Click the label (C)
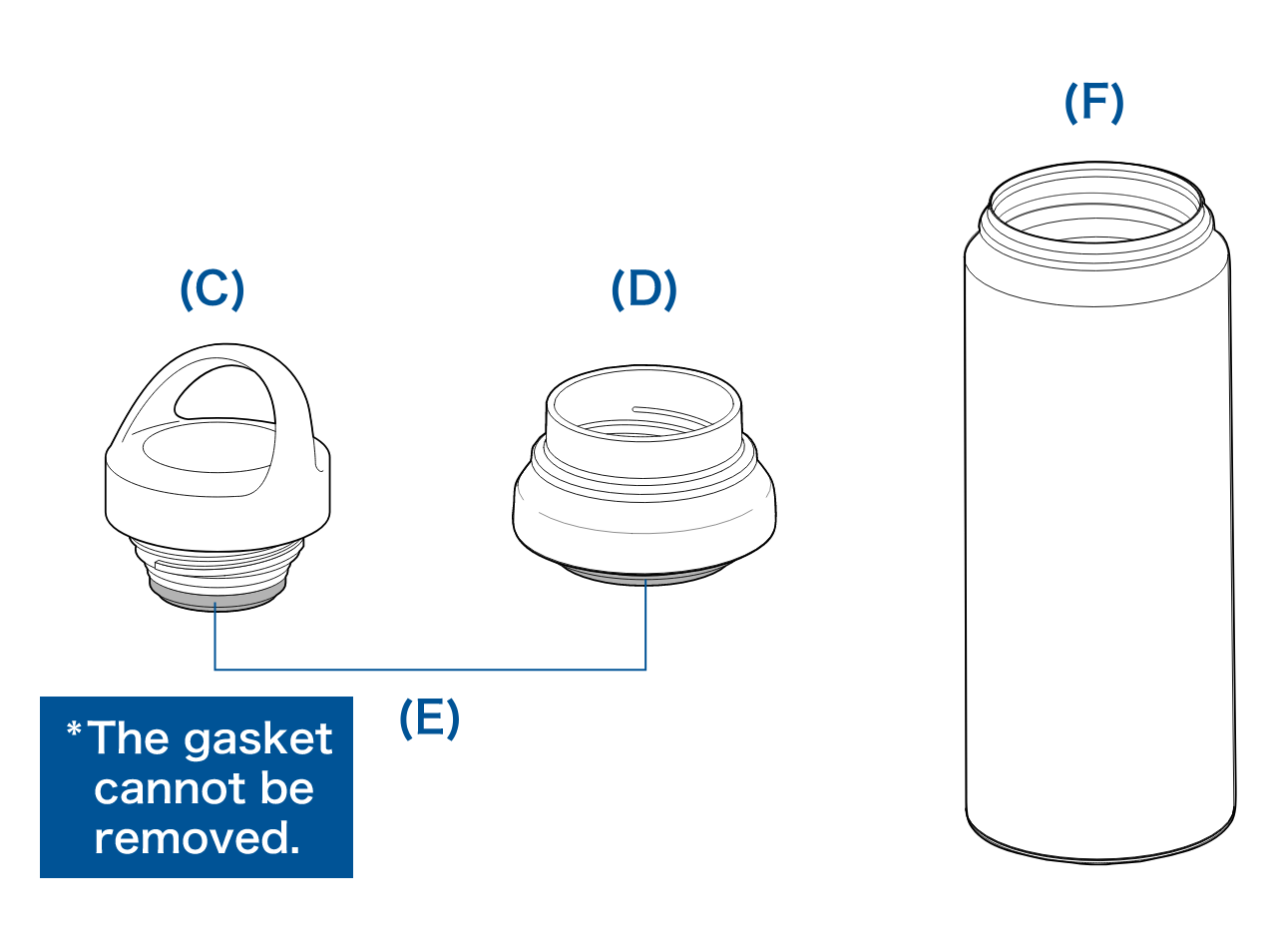(x=212, y=289)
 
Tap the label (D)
(x=643, y=289)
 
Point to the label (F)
(x=1093, y=102)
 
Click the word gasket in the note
(x=258, y=739)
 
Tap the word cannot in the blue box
(x=157, y=788)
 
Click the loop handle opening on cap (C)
(x=224, y=392)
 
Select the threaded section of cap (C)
(x=219, y=563)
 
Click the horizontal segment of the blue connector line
(x=429, y=668)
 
